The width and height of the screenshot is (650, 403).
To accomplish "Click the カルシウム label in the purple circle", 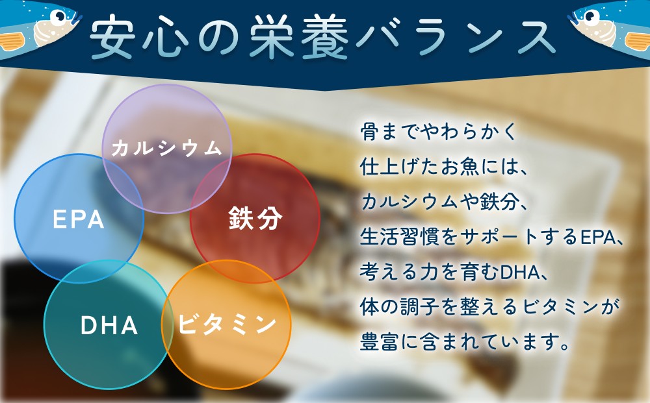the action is click(166, 148).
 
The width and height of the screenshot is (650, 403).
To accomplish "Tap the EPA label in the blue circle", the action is click(79, 220).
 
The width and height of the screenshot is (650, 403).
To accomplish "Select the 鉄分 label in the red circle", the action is click(255, 219).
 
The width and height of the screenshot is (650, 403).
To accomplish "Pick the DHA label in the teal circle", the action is click(109, 325).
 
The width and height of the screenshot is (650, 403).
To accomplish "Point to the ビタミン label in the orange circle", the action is click(227, 324).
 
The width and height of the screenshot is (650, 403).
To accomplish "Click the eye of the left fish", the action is click(60, 16).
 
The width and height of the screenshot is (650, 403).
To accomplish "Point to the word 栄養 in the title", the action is click(298, 37).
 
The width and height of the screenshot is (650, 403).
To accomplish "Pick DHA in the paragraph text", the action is click(517, 273).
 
